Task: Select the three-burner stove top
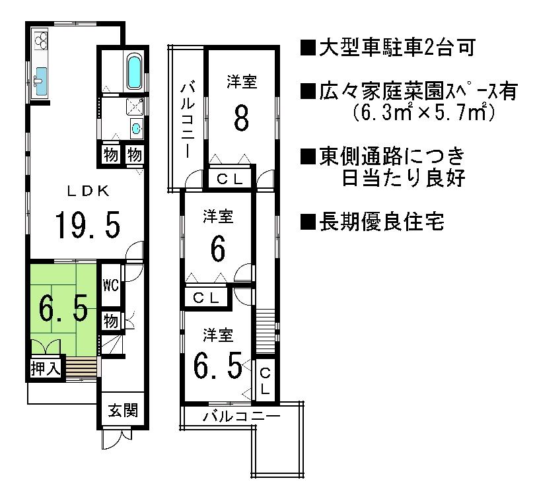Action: [40, 41]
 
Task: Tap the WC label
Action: [110, 286]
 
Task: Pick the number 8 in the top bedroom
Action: [241, 119]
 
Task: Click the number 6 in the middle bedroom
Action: [218, 249]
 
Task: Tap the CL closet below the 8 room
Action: [231, 179]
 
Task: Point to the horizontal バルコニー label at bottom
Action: [241, 416]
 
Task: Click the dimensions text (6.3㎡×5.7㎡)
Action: [423, 112]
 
